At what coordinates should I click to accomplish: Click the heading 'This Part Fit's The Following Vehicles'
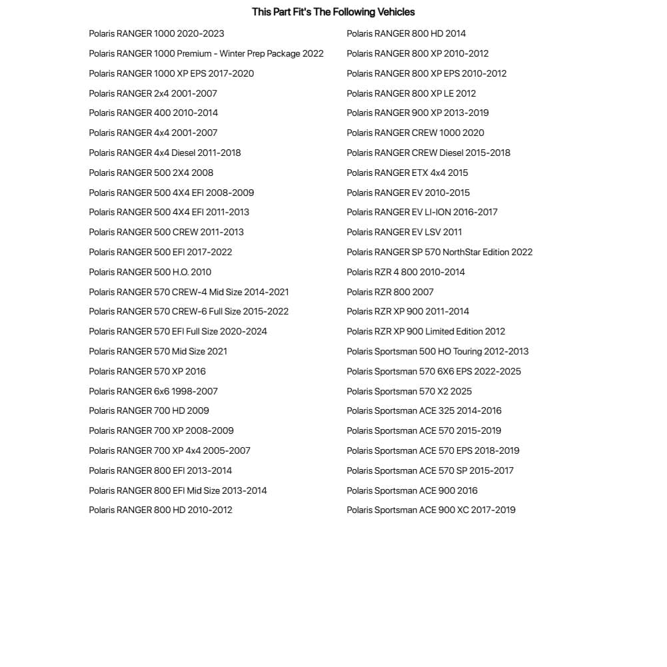point(333,12)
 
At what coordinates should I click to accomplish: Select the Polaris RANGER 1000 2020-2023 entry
point(157,33)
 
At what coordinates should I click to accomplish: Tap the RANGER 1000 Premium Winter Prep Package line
point(206,53)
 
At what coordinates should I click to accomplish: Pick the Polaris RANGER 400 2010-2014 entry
point(153,113)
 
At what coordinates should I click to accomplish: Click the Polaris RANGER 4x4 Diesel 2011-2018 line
point(165,153)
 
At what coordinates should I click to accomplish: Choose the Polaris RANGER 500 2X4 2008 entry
point(151,173)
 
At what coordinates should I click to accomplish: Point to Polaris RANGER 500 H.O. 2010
point(150,272)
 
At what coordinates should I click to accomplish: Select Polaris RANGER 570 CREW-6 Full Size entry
point(189,311)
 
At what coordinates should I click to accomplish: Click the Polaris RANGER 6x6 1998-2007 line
point(153,391)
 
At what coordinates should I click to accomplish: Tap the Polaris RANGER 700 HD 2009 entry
point(149,410)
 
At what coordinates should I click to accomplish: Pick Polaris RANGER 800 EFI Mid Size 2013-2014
point(178,490)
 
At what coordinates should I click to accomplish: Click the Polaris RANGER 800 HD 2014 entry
point(406,33)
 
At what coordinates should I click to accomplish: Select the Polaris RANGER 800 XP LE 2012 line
point(411,93)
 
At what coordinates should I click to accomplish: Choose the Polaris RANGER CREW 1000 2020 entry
point(415,133)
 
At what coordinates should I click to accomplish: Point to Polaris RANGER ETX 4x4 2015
point(407,173)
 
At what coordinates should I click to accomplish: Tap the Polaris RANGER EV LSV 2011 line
point(404,232)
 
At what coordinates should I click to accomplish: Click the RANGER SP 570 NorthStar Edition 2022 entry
point(440,252)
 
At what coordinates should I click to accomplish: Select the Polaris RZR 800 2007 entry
point(390,292)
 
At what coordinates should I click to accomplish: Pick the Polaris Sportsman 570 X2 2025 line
point(409,391)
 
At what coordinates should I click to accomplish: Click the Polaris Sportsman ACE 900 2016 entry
point(412,490)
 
